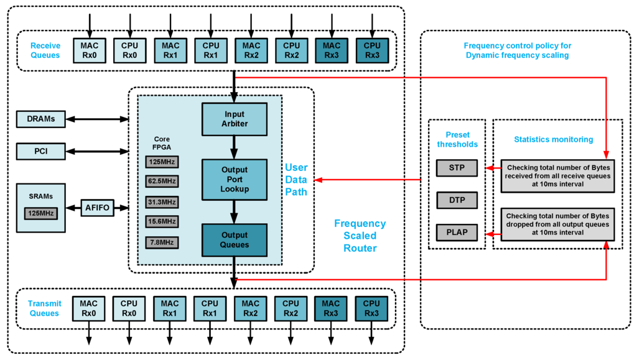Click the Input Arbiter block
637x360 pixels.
235,119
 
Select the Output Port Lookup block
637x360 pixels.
235,179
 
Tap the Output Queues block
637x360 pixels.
235,240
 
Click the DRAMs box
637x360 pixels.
40,118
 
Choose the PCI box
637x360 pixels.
40,150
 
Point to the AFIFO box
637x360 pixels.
98,208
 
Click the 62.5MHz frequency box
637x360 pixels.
162,182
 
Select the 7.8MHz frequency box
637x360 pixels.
162,242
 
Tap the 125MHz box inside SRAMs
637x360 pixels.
40,213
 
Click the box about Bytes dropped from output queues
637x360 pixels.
557,224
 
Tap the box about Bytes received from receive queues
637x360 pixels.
557,176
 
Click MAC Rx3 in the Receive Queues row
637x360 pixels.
332,50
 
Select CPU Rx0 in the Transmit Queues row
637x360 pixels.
129,308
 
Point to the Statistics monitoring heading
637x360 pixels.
553,139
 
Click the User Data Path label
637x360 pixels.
296,180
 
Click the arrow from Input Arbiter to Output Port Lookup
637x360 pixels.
235,147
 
